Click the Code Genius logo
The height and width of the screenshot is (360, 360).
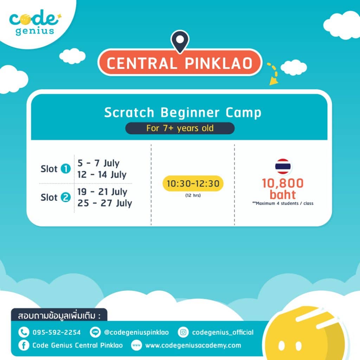pos(34,23)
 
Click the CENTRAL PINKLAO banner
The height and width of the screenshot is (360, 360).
pos(180,63)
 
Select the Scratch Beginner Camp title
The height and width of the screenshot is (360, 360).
pos(182,112)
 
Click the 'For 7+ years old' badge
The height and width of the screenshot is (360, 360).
pos(180,128)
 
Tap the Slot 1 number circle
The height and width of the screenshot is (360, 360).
pos(65,169)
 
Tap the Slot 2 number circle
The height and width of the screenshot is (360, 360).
pos(65,198)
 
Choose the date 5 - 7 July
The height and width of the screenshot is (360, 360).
pos(98,163)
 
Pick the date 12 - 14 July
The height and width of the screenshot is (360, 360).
pos(102,174)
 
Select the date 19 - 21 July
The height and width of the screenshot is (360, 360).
pos(102,192)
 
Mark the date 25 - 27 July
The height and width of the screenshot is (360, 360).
pos(104,203)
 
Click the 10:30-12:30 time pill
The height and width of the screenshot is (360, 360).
pos(193,184)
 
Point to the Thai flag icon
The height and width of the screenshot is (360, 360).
pos(283,167)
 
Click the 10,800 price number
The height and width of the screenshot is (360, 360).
pos(283,183)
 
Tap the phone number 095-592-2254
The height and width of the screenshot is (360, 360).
pos(56,332)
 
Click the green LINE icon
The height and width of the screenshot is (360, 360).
pos(94,332)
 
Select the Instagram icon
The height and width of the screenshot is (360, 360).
pos(183,332)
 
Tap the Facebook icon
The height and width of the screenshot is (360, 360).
pos(24,345)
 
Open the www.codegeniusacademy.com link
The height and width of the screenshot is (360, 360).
pos(193,345)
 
